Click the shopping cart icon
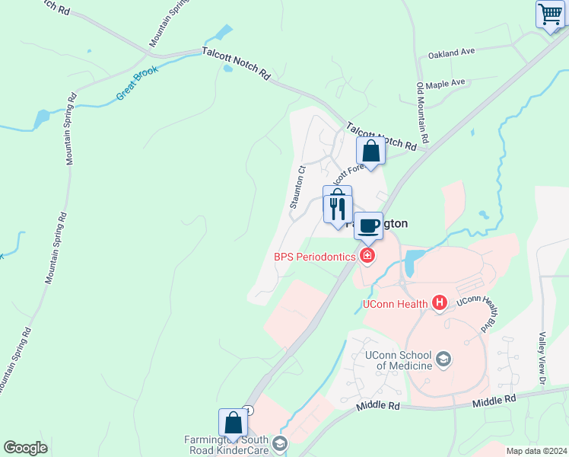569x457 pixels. coord(550,14)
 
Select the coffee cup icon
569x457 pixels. coord(368,225)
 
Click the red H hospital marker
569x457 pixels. coord(439,303)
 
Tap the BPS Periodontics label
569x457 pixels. coord(315,257)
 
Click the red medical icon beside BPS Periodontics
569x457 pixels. coord(367,256)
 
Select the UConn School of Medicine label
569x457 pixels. coord(399,360)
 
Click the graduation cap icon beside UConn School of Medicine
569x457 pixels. coord(444,359)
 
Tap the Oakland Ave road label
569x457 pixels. coord(451,54)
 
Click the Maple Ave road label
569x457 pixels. coord(445,84)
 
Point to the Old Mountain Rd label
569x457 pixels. coord(423,113)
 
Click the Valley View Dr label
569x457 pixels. coord(542,357)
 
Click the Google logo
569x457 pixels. coord(25,448)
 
